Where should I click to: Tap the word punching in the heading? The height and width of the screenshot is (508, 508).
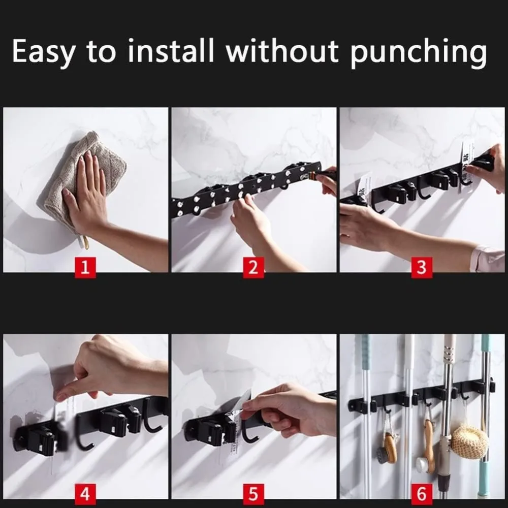pyautogui.click(x=418, y=52)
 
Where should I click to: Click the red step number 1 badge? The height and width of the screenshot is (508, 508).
pyautogui.click(x=85, y=267)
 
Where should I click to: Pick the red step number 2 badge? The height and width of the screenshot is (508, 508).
pyautogui.click(x=253, y=267)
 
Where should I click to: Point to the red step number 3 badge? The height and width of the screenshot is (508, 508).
pyautogui.click(x=422, y=267)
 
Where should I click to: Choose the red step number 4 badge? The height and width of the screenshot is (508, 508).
pyautogui.click(x=85, y=494)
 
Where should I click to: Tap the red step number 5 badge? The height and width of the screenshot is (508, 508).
pyautogui.click(x=253, y=494)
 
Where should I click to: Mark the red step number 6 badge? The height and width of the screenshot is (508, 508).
pyautogui.click(x=422, y=494)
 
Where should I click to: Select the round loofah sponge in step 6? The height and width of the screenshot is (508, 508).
pyautogui.click(x=469, y=442)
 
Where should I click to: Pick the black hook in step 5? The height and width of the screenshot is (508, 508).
pyautogui.click(x=250, y=434)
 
